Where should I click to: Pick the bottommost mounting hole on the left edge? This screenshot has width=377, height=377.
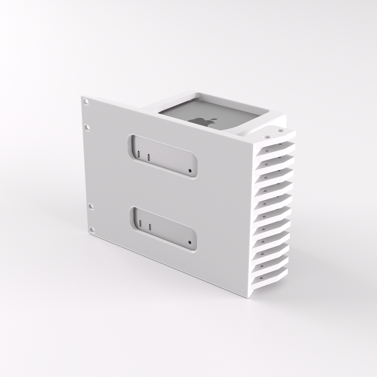92,229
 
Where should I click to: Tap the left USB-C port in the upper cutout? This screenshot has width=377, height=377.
139,154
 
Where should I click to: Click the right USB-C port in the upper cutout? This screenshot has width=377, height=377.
148,157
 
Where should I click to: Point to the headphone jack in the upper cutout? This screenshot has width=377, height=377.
190,171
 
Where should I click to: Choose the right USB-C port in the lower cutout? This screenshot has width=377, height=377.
150,226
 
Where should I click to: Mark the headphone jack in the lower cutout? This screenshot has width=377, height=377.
190,242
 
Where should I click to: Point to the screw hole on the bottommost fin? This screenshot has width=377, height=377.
260,279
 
